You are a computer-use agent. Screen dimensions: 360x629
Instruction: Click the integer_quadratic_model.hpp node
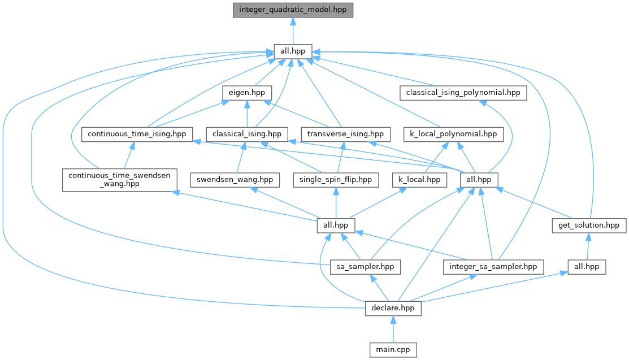(x=293, y=10)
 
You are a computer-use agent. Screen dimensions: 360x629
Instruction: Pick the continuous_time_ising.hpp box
(x=137, y=134)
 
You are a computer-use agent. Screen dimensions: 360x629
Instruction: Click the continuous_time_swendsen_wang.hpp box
(x=119, y=179)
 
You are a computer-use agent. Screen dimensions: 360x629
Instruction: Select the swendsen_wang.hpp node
(x=235, y=180)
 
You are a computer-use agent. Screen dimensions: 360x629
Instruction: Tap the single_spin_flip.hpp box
(x=336, y=180)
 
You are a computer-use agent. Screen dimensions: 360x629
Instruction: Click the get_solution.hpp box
(x=588, y=225)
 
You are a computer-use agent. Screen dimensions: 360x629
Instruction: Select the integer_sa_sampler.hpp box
(x=493, y=266)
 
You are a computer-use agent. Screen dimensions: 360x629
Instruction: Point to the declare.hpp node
(x=393, y=308)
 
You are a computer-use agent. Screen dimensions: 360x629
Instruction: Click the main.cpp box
(x=393, y=350)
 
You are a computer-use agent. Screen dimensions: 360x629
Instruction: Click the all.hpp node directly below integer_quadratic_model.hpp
(x=293, y=51)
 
